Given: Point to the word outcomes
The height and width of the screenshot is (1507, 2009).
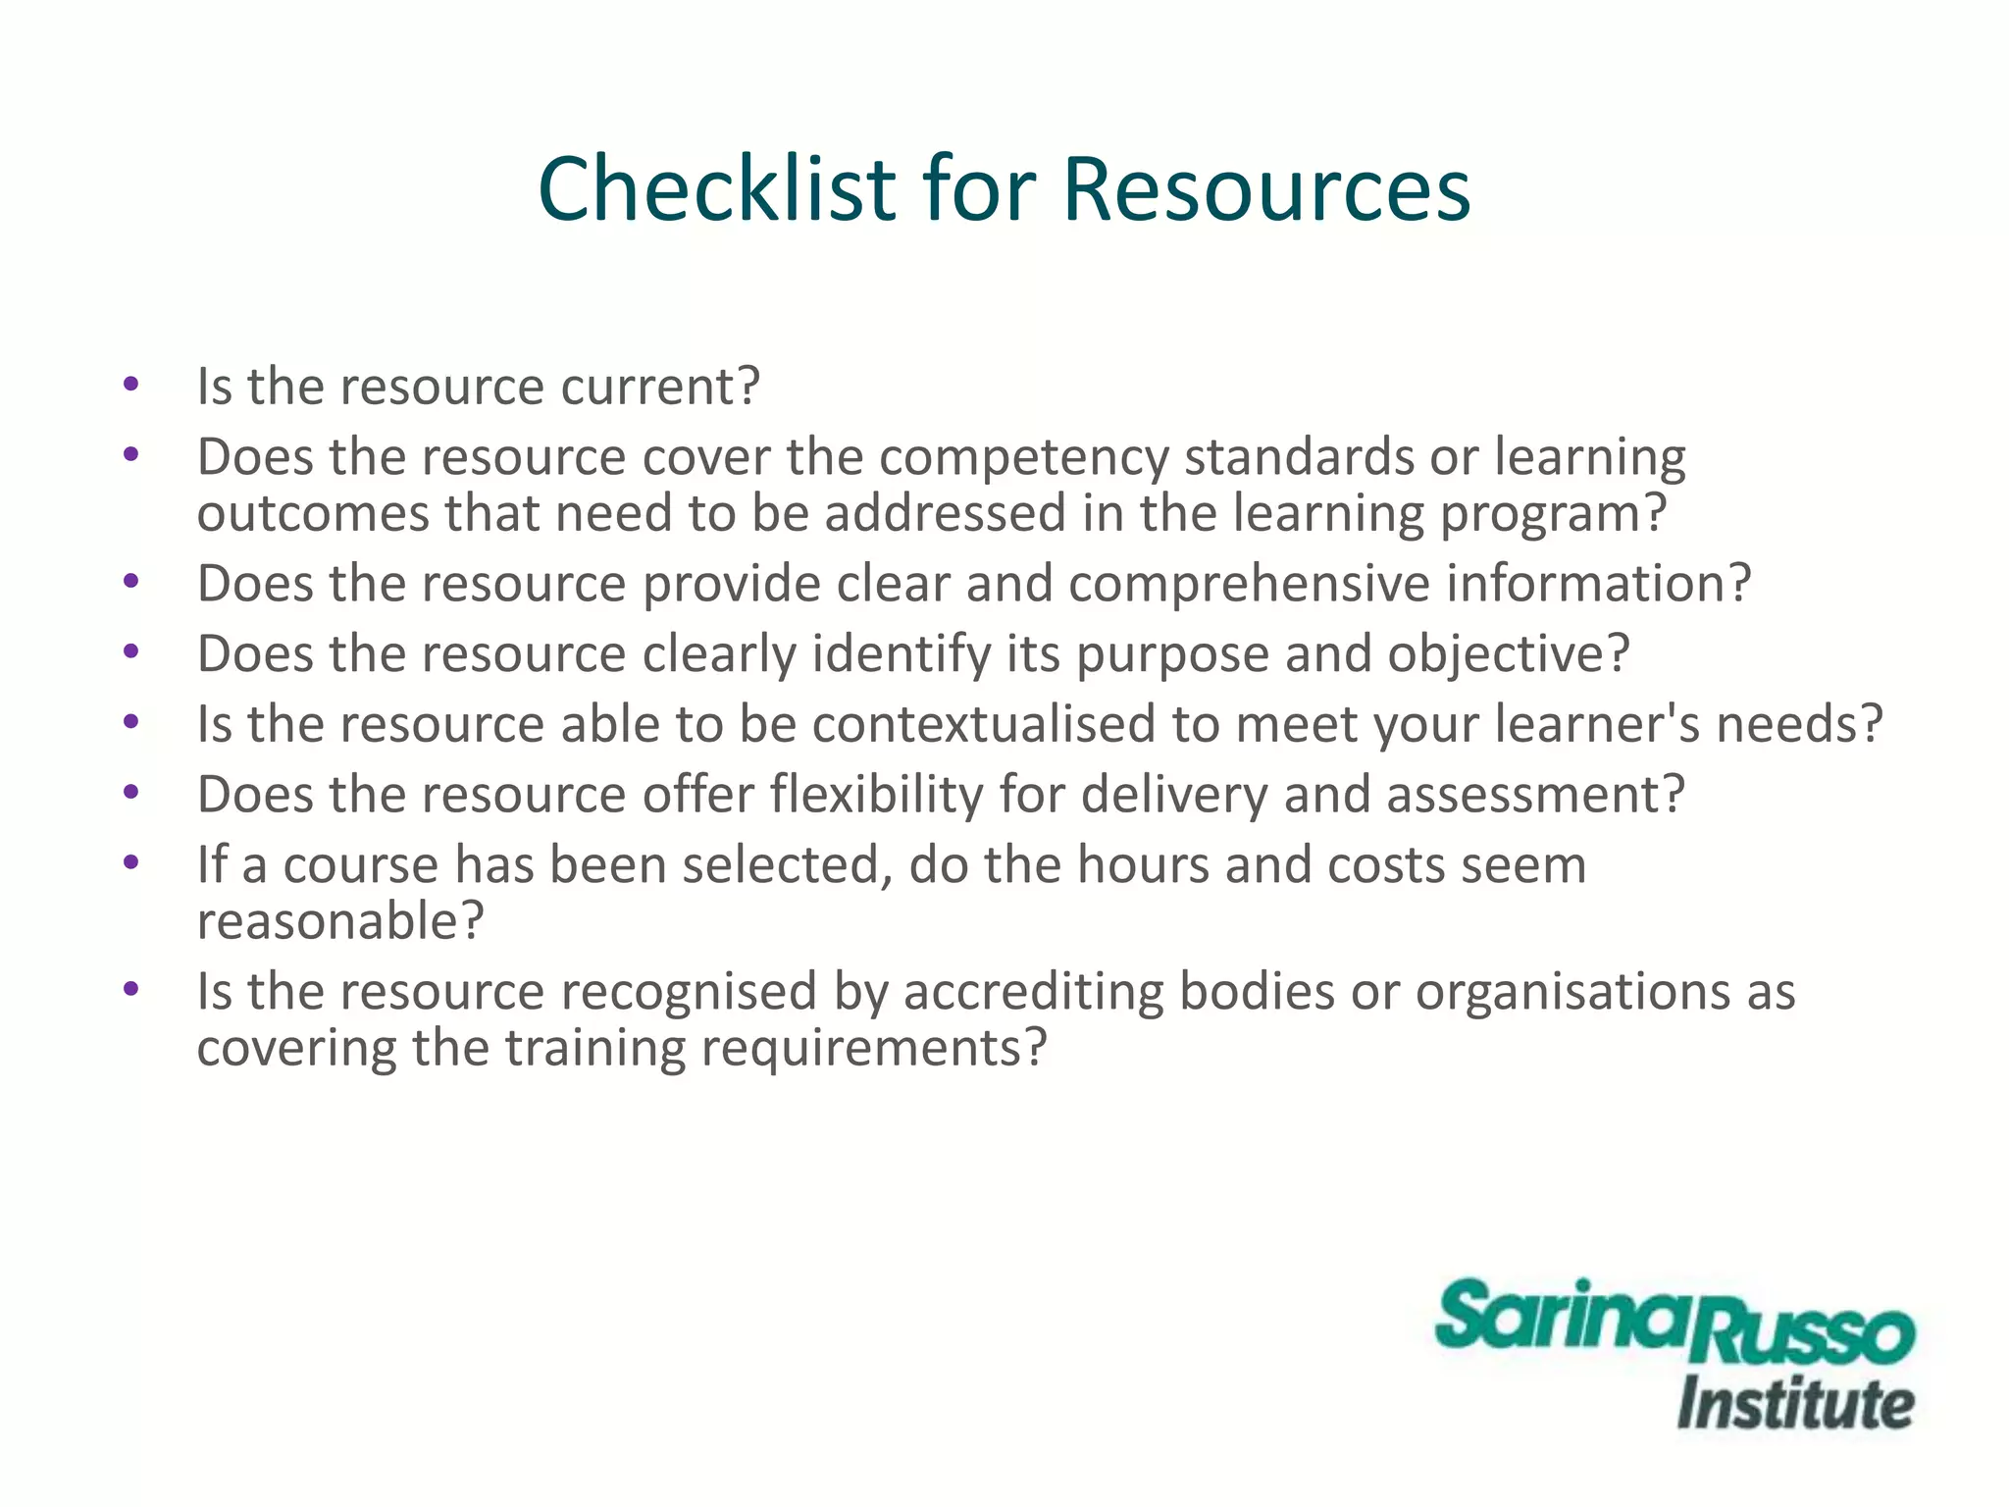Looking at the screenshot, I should point(313,514).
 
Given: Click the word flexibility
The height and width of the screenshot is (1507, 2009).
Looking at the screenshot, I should point(876,795).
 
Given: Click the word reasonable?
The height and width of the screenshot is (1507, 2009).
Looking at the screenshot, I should point(340,921).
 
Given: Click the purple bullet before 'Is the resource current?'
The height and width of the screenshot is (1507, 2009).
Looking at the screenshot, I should point(131,385).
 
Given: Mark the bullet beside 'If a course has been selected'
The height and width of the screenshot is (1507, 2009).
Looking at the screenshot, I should point(131,863).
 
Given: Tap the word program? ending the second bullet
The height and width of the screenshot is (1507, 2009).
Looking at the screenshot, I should point(1553,514).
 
